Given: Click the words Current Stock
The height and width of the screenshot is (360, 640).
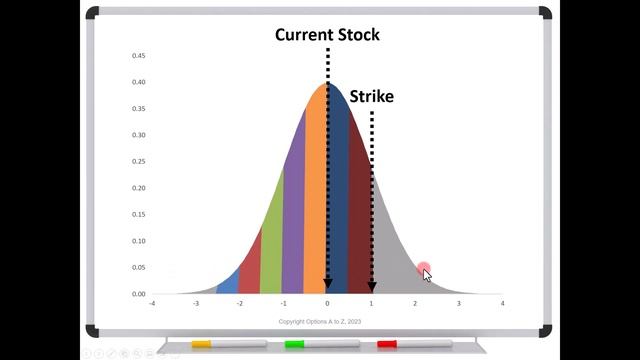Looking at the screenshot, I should click(327, 35).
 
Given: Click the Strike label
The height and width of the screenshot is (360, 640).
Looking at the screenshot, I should click(371, 96).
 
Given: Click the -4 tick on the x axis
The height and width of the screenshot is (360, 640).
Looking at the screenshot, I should click(152, 302).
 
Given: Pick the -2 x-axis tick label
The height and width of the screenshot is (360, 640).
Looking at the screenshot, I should click(240, 302).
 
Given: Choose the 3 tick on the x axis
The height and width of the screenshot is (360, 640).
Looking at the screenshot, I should click(459, 302).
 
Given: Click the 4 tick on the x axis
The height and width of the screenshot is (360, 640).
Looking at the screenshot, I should click(502, 302).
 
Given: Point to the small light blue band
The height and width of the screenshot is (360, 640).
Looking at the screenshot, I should click(229, 284).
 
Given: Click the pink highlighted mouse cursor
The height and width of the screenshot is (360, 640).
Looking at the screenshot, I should click(425, 272).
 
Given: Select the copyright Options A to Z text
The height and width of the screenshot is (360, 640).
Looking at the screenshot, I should click(327, 321).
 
